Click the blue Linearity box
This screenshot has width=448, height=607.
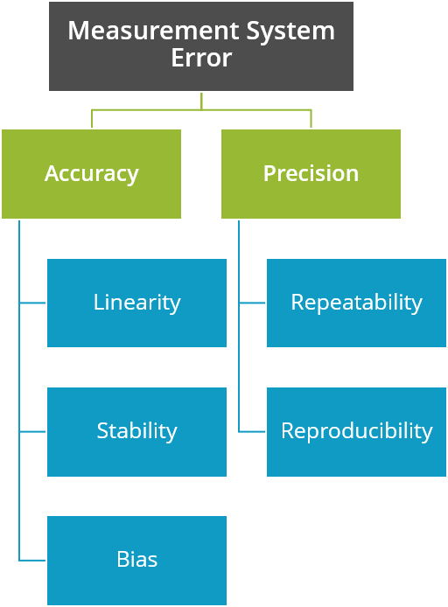point(136,303)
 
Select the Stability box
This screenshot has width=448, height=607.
point(136,431)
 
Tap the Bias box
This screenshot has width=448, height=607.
point(136,560)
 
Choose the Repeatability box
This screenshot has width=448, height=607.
point(356,303)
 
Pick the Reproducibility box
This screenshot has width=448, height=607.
point(356,431)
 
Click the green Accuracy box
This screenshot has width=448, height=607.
point(91,173)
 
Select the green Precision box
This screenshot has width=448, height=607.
point(311,173)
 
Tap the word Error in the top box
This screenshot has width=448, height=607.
point(201,59)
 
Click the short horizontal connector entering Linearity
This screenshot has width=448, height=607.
point(32,303)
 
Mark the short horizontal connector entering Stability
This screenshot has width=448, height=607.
point(32,431)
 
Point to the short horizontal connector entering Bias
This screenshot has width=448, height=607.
point(32,560)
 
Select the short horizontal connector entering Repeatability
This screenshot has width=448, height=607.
point(252,303)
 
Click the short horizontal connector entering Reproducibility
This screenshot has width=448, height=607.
point(252,431)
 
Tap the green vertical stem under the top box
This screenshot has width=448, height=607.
point(201,101)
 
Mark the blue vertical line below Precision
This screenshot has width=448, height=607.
point(239,367)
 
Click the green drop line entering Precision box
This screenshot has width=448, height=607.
point(311,120)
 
